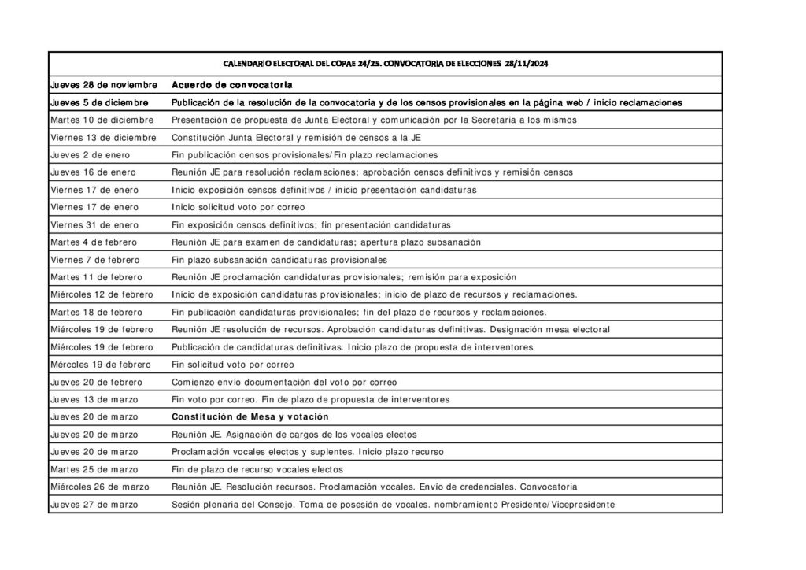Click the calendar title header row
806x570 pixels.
[x=385, y=63]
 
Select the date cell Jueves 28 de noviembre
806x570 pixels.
[x=103, y=84]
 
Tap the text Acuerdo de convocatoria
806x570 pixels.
[x=232, y=84]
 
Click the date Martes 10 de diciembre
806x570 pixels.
[x=102, y=120]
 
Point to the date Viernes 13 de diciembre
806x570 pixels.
[x=103, y=137]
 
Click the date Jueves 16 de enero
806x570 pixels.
[x=92, y=172]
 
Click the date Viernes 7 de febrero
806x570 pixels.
[x=94, y=259]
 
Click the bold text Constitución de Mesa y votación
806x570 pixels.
[x=250, y=416]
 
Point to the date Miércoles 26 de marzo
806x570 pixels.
[x=99, y=487]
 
